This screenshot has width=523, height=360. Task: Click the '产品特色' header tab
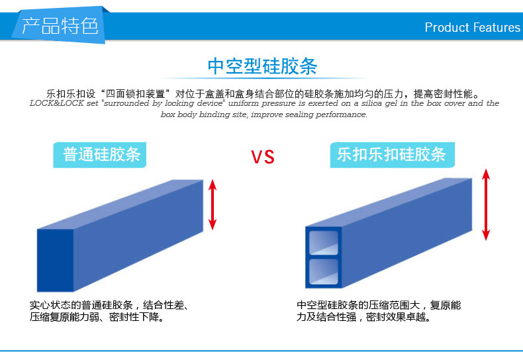pyautogui.click(x=60, y=25)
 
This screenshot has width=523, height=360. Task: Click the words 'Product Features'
pyautogui.click(x=472, y=27)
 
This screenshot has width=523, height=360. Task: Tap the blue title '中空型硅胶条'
pyautogui.click(x=262, y=66)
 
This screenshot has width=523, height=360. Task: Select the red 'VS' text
pyautogui.click(x=263, y=157)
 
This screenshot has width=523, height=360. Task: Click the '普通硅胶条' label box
pyautogui.click(x=100, y=155)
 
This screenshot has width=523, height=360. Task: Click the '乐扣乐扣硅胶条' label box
pyautogui.click(x=392, y=155)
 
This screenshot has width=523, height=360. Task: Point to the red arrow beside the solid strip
pyautogui.click(x=213, y=204)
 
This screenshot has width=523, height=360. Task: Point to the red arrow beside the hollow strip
pyautogui.click(x=486, y=204)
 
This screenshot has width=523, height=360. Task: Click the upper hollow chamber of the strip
pyautogui.click(x=323, y=243)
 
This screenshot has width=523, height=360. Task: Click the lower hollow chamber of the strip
pyautogui.click(x=323, y=272)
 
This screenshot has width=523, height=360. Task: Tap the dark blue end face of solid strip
pyautogui.click(x=55, y=260)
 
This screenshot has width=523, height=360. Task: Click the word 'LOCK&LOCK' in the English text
pyautogui.click(x=57, y=103)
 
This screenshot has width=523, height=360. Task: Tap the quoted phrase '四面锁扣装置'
pyautogui.click(x=136, y=94)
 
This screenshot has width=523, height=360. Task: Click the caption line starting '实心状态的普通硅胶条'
pyautogui.click(x=109, y=305)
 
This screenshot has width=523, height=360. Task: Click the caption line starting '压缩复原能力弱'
pyautogui.click(x=97, y=317)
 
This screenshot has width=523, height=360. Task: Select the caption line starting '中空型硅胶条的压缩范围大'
pyautogui.click(x=379, y=305)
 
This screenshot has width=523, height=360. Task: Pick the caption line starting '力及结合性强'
pyautogui.click(x=363, y=317)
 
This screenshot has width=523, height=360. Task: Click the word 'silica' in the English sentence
pyautogui.click(x=372, y=103)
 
